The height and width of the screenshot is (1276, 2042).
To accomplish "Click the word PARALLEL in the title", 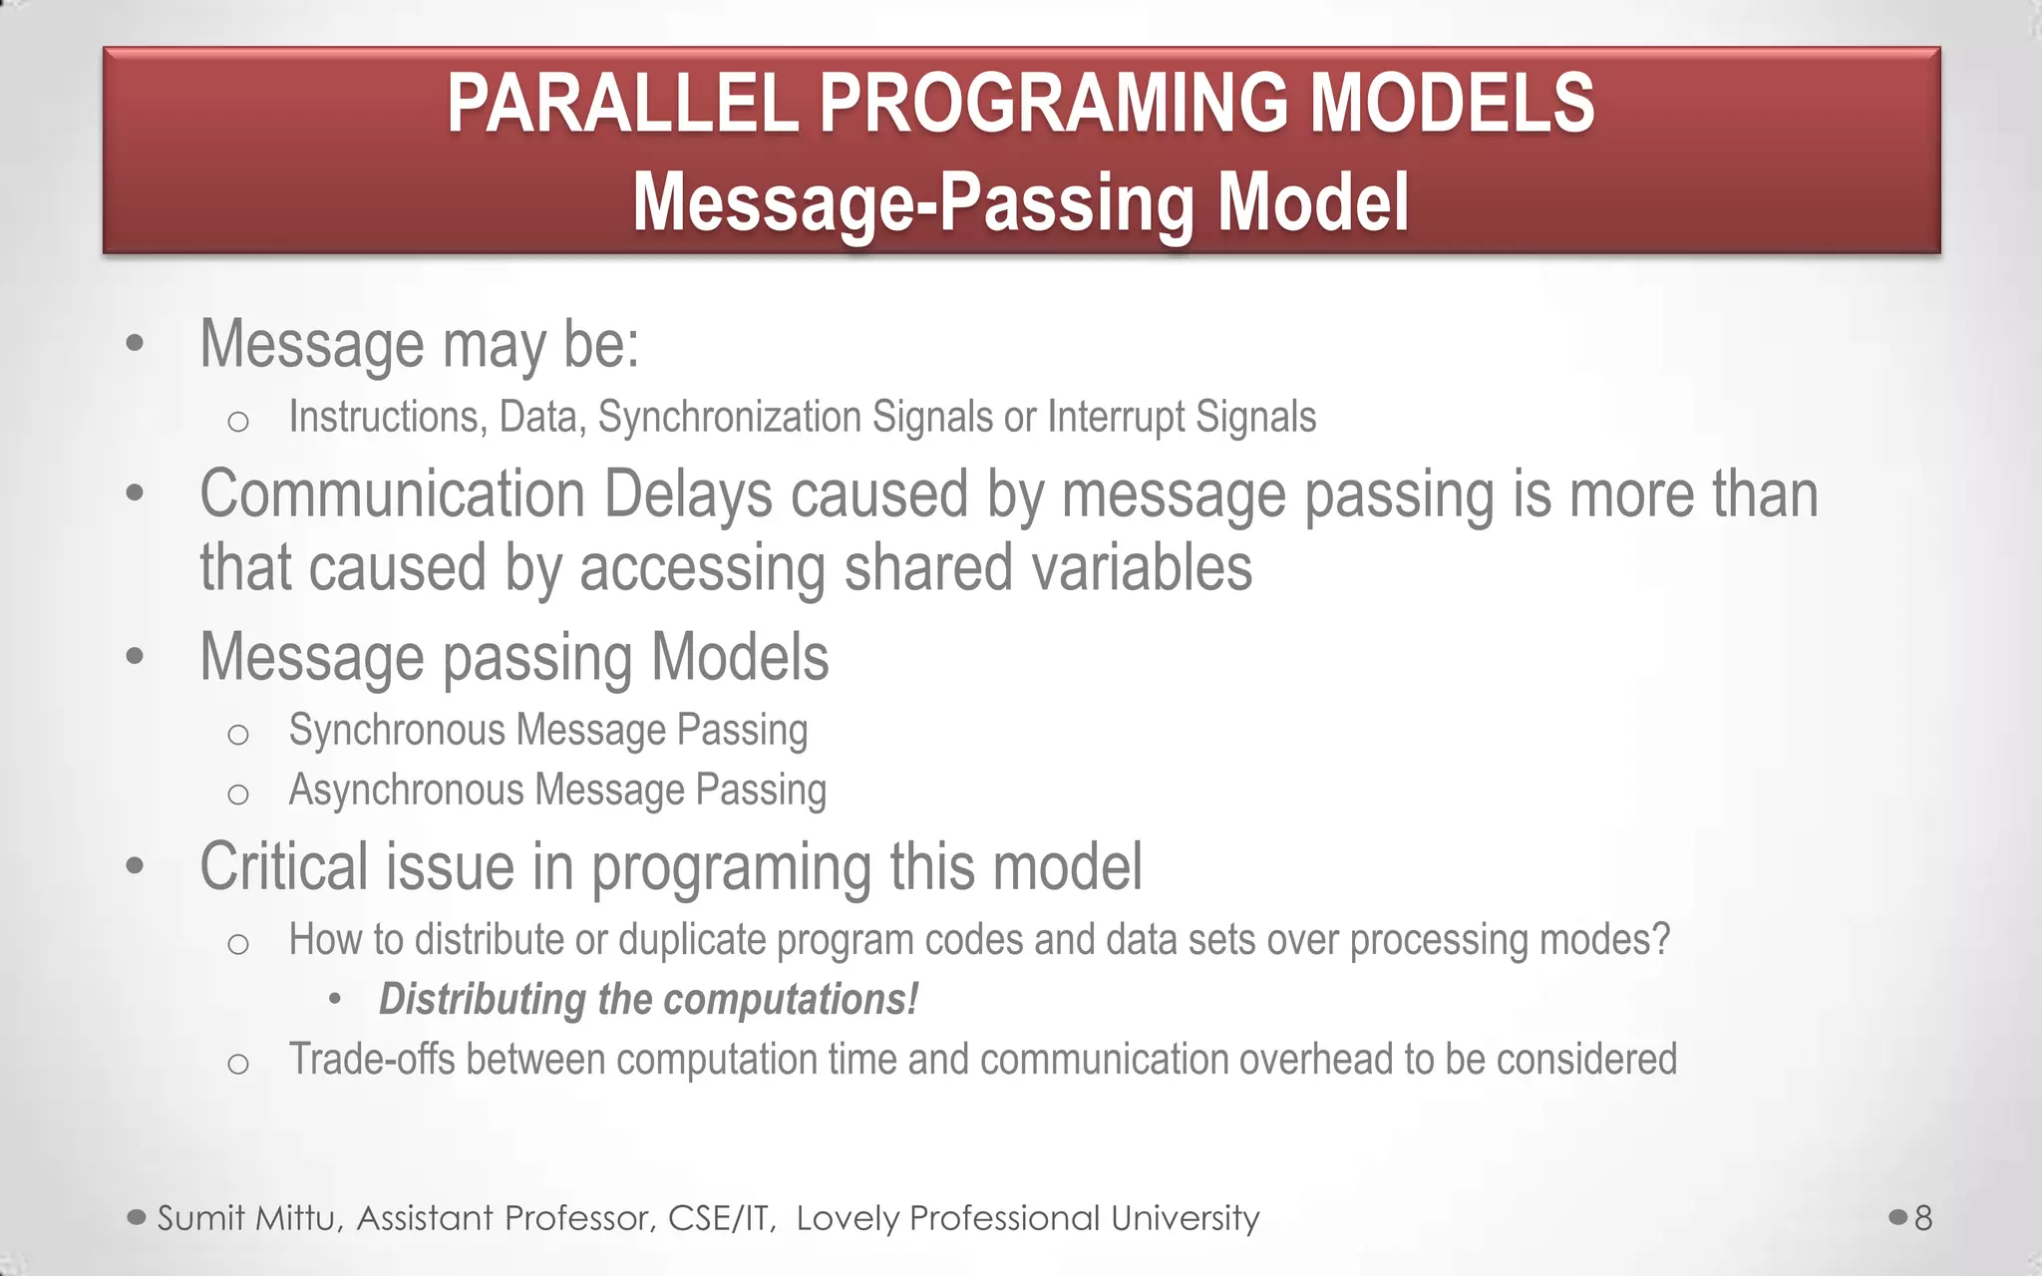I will (x=622, y=104).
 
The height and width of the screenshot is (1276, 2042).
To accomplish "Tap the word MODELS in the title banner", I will (x=1451, y=104).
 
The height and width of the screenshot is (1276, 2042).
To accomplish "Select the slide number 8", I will (x=1923, y=1218).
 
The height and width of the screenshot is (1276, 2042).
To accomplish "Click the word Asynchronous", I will (x=406, y=791).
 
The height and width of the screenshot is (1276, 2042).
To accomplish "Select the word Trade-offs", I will (x=371, y=1060).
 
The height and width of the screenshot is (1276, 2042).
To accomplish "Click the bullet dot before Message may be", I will (x=136, y=345).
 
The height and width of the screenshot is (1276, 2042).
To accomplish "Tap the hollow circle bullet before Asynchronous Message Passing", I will (x=237, y=795).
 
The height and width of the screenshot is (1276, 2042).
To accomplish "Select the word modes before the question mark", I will (x=1593, y=940).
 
